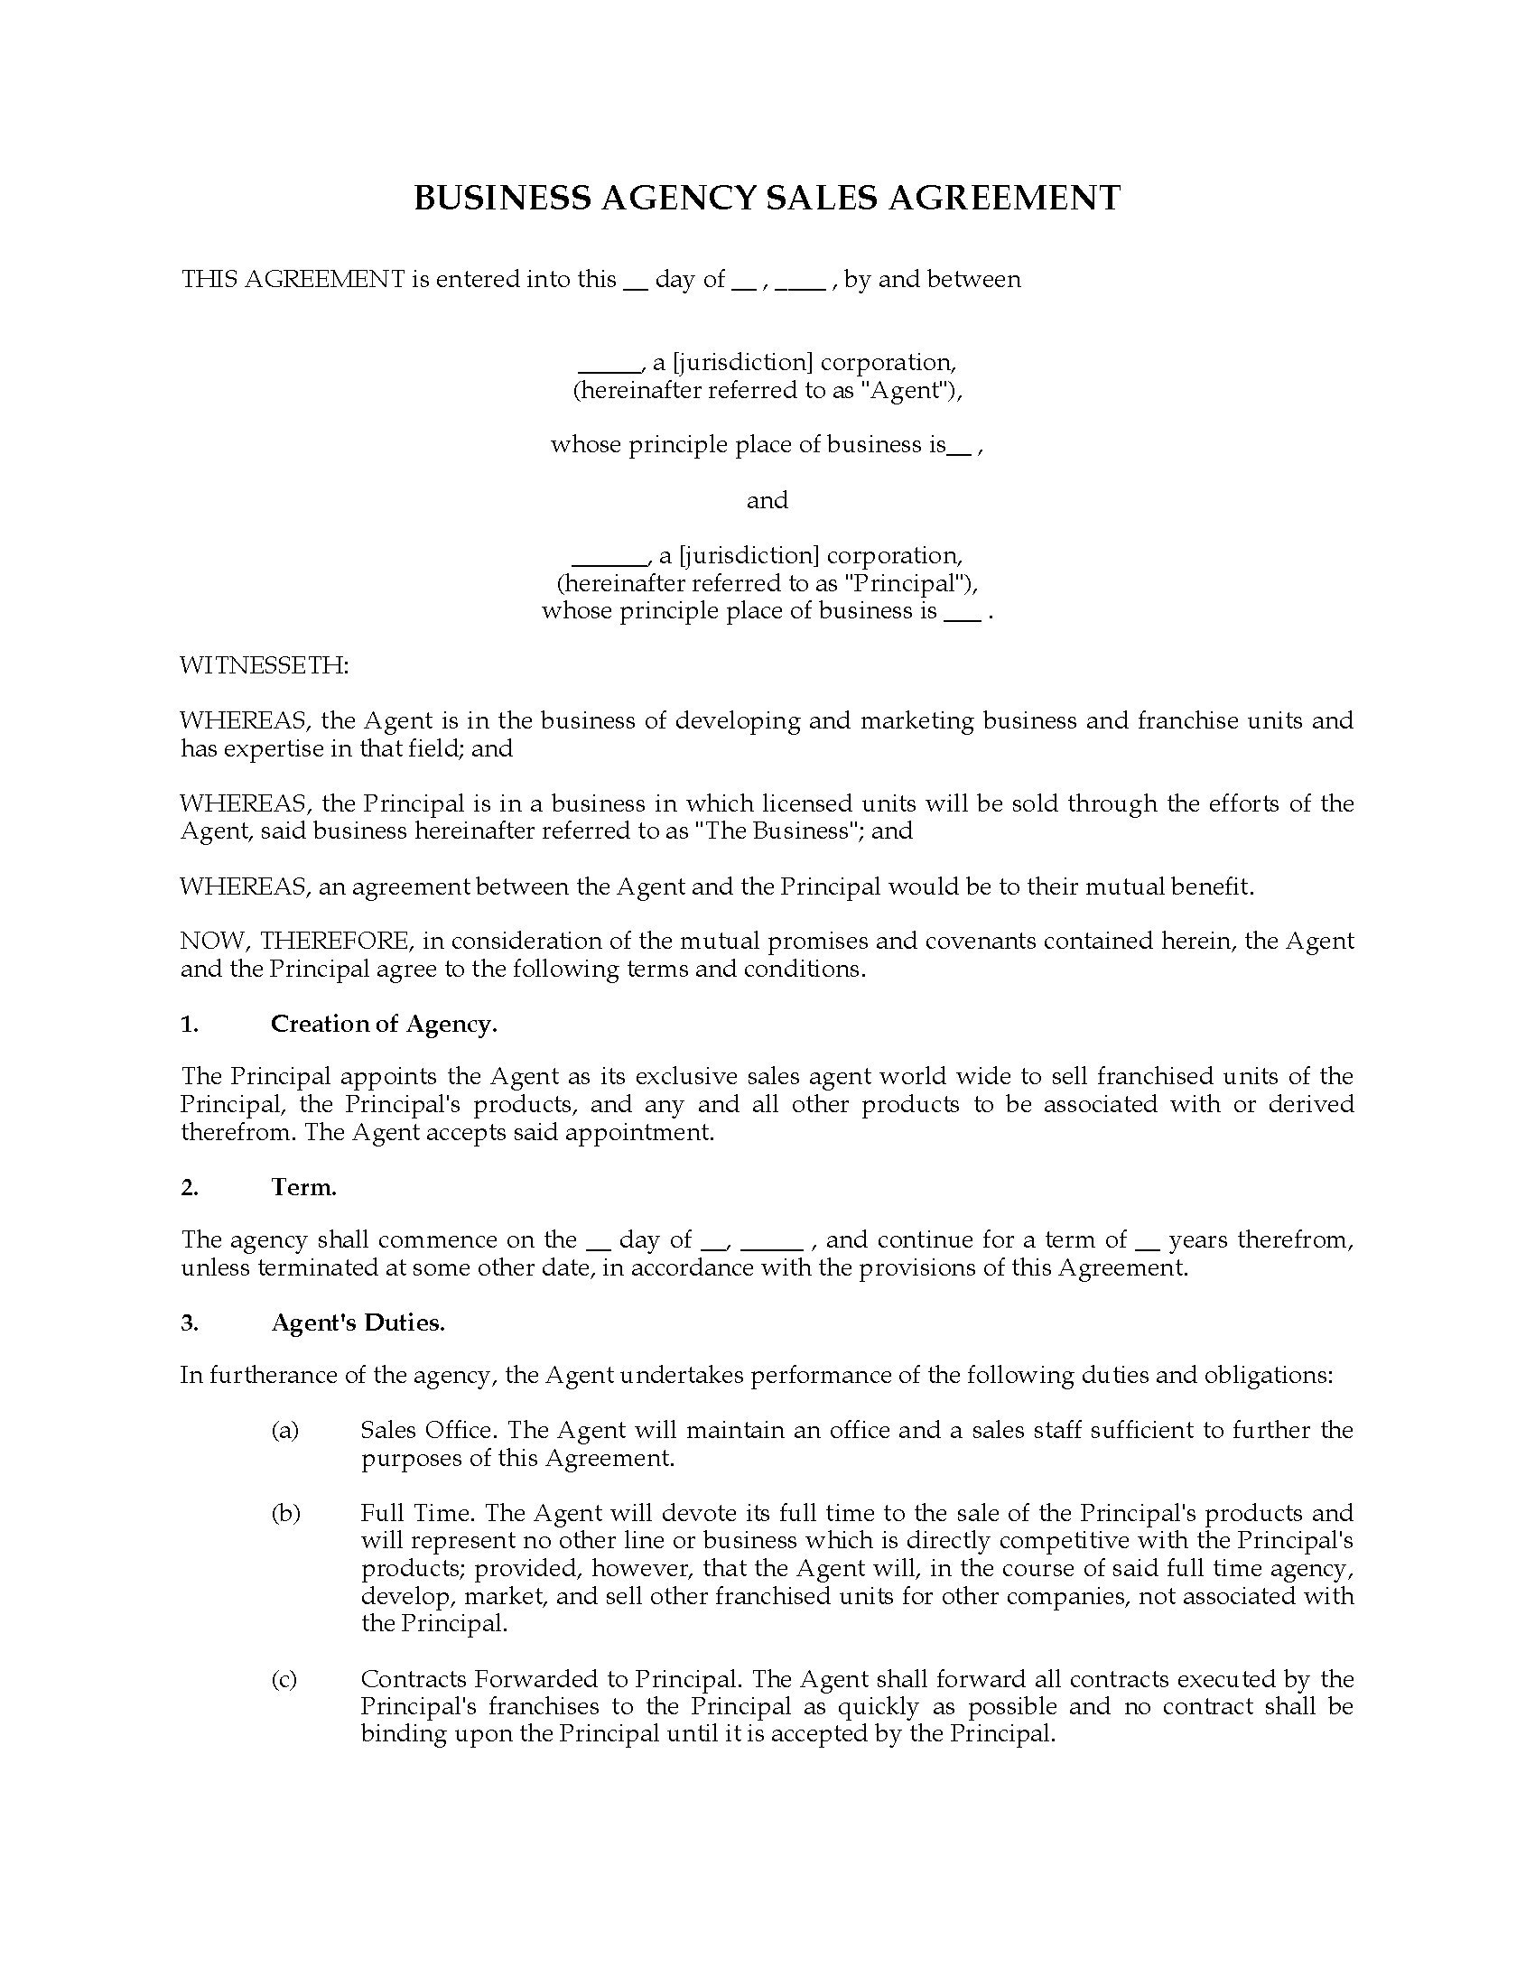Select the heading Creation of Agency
(384, 1024)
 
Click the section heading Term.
(303, 1187)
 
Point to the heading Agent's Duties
(358, 1322)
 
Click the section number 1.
(188, 1024)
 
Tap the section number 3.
(189, 1322)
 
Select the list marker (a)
(284, 1431)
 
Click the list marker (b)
(285, 1513)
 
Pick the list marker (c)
(284, 1679)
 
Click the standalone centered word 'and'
(767, 500)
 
